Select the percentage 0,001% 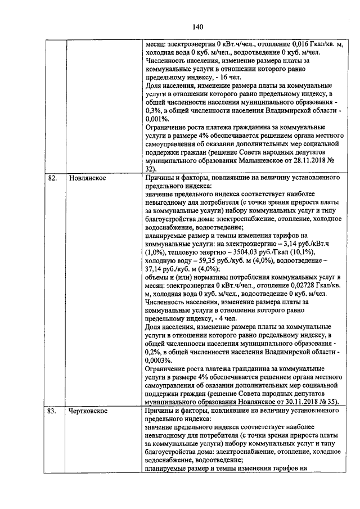coord(157,119)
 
